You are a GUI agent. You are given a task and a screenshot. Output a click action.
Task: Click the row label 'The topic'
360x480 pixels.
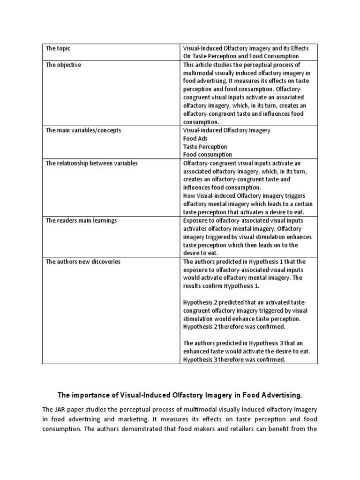58,48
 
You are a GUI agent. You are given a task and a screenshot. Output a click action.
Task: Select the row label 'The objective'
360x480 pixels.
63,65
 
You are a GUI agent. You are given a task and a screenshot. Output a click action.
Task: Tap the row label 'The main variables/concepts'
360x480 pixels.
83,130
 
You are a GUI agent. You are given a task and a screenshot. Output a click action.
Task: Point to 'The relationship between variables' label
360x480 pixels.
91,163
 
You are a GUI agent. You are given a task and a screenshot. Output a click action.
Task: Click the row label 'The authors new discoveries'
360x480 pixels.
83,262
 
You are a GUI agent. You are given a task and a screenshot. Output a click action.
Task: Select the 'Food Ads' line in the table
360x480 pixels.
195,139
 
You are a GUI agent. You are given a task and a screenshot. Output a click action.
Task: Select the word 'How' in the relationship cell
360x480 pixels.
189,196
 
